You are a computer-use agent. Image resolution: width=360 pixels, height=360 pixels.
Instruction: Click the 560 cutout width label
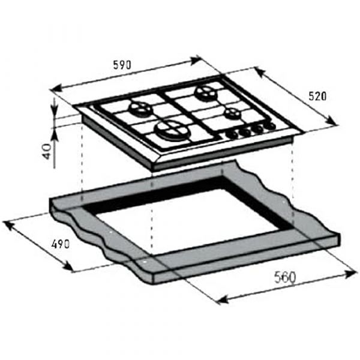(x=286, y=277)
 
